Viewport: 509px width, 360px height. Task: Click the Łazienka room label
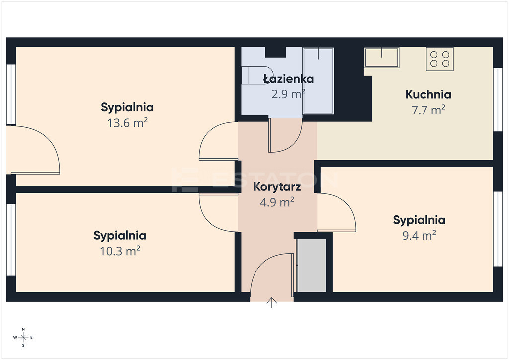coord(288,79)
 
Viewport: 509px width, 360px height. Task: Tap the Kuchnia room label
coord(428,94)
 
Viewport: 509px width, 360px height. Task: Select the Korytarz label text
coord(277,187)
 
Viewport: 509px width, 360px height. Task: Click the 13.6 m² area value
coord(127,123)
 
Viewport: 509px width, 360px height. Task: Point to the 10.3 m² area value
coord(120,251)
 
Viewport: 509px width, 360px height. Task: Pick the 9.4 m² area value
coord(419,235)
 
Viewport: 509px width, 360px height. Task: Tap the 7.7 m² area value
coord(428,110)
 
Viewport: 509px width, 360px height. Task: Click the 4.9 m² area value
coord(277,202)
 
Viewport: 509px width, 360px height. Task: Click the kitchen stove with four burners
coord(440,59)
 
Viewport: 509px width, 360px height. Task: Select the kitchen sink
coord(381,58)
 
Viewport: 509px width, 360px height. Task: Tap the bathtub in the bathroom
coord(318,81)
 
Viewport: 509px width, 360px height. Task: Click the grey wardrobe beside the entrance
coord(312,265)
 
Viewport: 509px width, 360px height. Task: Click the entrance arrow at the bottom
coord(272,302)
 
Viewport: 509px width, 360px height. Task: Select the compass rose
coord(23,337)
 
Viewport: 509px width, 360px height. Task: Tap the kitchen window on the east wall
coord(498,99)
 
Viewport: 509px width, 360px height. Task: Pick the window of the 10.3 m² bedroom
coord(11,240)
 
